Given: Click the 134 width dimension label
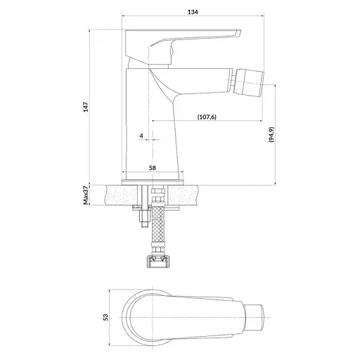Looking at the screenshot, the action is pyautogui.click(x=193, y=12).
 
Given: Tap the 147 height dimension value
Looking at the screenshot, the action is pyautogui.click(x=86, y=107).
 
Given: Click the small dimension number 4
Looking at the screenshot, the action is pyautogui.click(x=141, y=136).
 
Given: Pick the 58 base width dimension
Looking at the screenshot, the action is pyautogui.click(x=153, y=168).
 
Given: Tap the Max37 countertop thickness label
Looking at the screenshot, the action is pyautogui.click(x=86, y=195).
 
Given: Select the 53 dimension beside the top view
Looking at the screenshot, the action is pyautogui.click(x=106, y=317).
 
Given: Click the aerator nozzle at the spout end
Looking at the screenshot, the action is pyautogui.click(x=249, y=83).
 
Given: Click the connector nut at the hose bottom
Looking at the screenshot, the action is pyautogui.click(x=158, y=262).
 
